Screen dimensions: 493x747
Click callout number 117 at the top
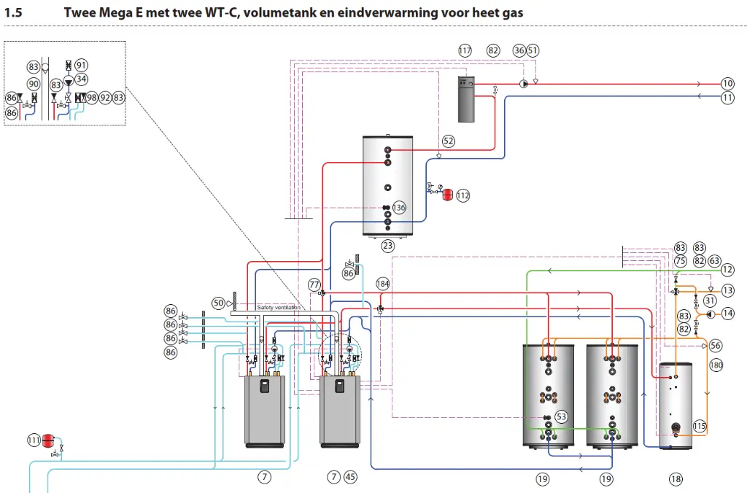[x=465, y=50]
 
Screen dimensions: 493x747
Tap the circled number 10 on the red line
[x=727, y=83]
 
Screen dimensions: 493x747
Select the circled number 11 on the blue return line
[x=727, y=96]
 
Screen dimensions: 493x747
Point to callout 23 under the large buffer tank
[x=387, y=246]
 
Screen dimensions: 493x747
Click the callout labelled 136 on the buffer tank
[x=398, y=208]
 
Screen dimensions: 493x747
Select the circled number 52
[x=448, y=141]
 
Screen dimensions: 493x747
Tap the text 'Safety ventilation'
[x=279, y=308]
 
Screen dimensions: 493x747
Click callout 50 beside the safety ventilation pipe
[x=218, y=302]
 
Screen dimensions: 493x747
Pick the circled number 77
[x=314, y=284]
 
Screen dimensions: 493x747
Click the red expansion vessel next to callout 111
[x=49, y=439]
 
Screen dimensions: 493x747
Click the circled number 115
[x=700, y=426]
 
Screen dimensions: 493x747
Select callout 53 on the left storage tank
[x=561, y=416]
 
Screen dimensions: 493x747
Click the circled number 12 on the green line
[x=727, y=270]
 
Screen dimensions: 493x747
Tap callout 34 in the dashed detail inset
[x=82, y=79]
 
